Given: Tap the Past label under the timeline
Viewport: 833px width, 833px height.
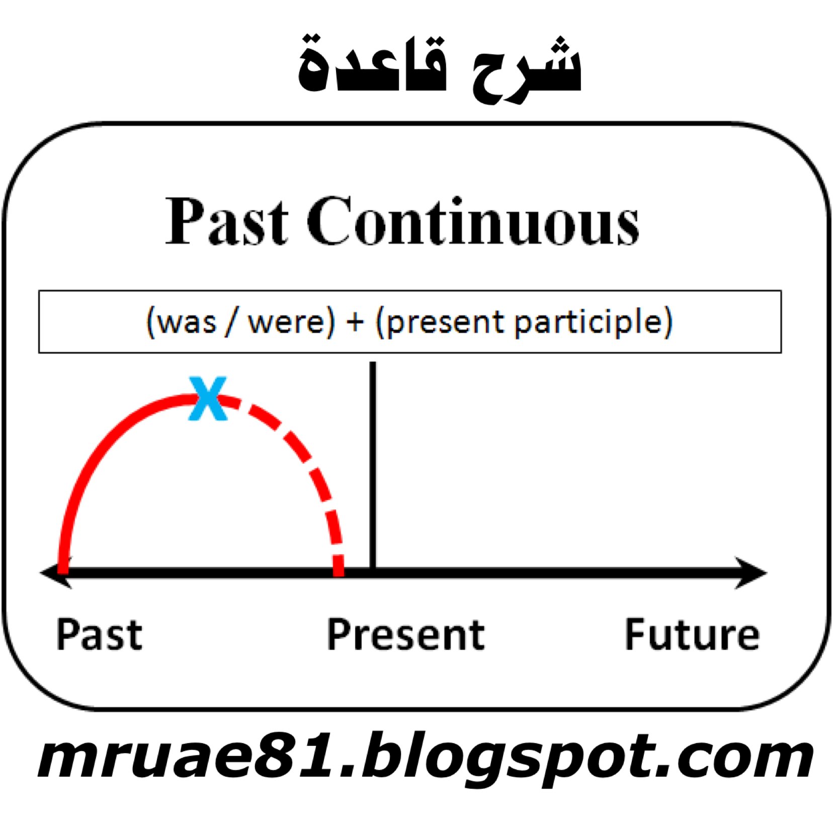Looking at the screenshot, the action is [x=99, y=634].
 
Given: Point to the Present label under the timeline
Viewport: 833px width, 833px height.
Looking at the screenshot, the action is [x=406, y=634].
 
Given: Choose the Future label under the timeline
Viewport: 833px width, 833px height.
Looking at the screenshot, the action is [x=692, y=634].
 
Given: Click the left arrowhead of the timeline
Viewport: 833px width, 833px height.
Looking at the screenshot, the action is [x=56, y=572].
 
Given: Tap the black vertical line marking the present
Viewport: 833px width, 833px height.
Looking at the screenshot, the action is [x=373, y=465].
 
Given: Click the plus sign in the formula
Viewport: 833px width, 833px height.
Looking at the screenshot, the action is [x=355, y=322].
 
